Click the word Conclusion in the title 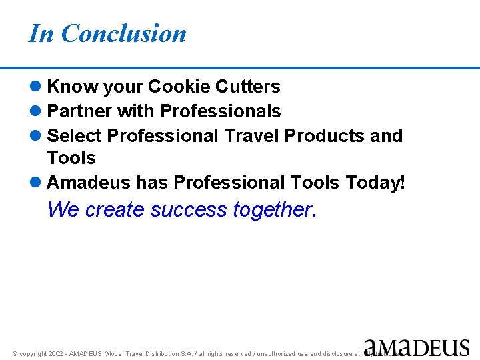click(123, 33)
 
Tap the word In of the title click(41, 33)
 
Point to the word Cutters click(249, 87)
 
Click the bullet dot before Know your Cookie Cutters click(36, 87)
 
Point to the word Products click(325, 136)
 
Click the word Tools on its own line click(71, 159)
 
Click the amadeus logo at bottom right click(417, 347)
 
